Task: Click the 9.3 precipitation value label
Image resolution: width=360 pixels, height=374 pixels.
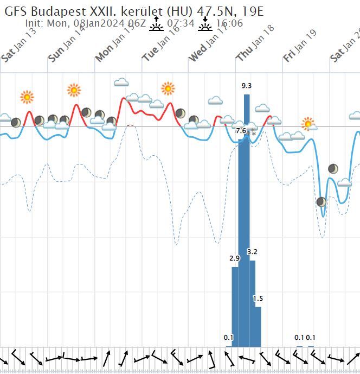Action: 247,86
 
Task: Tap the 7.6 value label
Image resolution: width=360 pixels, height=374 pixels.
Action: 241,131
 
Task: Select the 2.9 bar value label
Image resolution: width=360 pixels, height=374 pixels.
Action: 234,258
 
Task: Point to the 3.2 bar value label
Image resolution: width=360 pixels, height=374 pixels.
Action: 252,252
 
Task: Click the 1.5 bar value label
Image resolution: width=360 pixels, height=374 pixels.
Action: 258,299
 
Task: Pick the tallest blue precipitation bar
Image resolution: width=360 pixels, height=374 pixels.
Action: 247,217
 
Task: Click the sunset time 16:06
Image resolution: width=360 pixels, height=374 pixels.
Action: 229,23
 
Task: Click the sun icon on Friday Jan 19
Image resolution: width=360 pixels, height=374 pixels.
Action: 308,124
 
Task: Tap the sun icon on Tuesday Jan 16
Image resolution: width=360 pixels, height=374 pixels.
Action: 168,88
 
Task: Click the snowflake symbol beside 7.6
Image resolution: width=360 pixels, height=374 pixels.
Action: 253,132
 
